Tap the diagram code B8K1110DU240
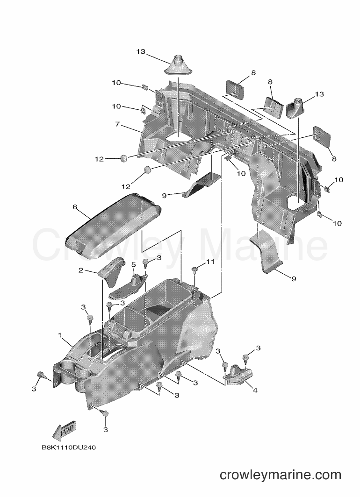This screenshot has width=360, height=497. point(69,447)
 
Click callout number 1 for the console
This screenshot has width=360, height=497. point(60,335)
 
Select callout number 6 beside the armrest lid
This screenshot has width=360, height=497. point(75,207)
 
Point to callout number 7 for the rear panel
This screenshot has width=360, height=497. point(118,124)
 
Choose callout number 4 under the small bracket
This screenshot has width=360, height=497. point(255,390)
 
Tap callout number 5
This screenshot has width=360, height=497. point(134,264)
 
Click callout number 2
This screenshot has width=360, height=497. point(81,270)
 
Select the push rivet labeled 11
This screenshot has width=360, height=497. point(194,270)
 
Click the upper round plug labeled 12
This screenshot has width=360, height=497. point(124,158)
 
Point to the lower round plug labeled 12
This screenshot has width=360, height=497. point(147,170)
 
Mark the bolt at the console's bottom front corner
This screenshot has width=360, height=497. point(104,413)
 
